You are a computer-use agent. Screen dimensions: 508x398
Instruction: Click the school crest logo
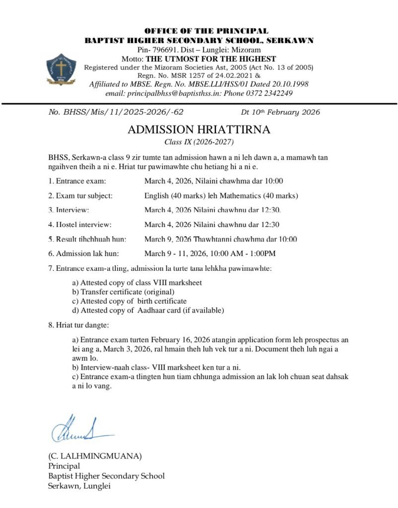tap(61, 70)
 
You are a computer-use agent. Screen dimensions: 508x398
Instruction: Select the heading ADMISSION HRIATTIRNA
tap(199, 130)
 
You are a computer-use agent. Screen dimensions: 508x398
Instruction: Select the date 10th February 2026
tap(287, 112)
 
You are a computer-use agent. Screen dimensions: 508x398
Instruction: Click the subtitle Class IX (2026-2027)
tap(199, 142)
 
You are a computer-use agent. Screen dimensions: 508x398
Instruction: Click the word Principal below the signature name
tap(64, 465)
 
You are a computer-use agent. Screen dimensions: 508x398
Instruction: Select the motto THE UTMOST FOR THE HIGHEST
tap(210, 59)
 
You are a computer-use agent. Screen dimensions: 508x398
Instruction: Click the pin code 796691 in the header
tap(166, 50)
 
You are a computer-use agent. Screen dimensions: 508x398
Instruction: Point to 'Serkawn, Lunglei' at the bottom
tap(79, 486)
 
